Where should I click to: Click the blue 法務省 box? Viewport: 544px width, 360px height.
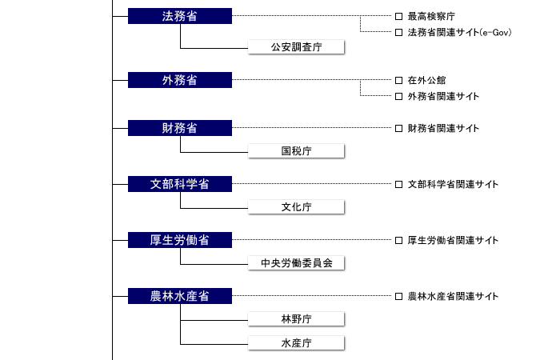pos(180,16)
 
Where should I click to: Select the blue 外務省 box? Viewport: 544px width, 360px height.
pos(180,80)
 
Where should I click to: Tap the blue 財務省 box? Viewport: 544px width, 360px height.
pos(180,128)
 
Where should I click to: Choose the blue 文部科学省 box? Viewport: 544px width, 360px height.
pos(180,184)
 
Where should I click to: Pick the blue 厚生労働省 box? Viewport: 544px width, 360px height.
pos(180,240)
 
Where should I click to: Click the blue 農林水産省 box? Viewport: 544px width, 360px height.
pos(180,296)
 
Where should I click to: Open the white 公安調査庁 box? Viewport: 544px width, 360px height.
pos(296,47)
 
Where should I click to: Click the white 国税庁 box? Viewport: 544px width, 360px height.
pos(296,151)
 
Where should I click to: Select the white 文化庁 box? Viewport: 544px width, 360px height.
pos(296,207)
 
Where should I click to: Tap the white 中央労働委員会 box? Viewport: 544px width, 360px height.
pos(296,263)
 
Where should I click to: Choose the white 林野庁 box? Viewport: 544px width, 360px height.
pos(296,319)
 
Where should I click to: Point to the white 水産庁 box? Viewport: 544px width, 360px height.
pos(296,343)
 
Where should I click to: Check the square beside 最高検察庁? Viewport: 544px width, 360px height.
pos(399,16)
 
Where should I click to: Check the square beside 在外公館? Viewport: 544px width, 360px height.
pos(399,81)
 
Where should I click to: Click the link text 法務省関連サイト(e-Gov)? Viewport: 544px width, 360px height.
pos(459,32)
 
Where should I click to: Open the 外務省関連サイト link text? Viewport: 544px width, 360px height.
pos(443,97)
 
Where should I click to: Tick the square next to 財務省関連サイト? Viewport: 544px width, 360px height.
pos(399,128)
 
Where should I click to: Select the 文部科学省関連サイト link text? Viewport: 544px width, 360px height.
pos(453,184)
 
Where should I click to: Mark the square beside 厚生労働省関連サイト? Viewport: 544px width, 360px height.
pos(399,240)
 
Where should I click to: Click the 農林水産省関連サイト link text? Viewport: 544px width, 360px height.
pos(453,296)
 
